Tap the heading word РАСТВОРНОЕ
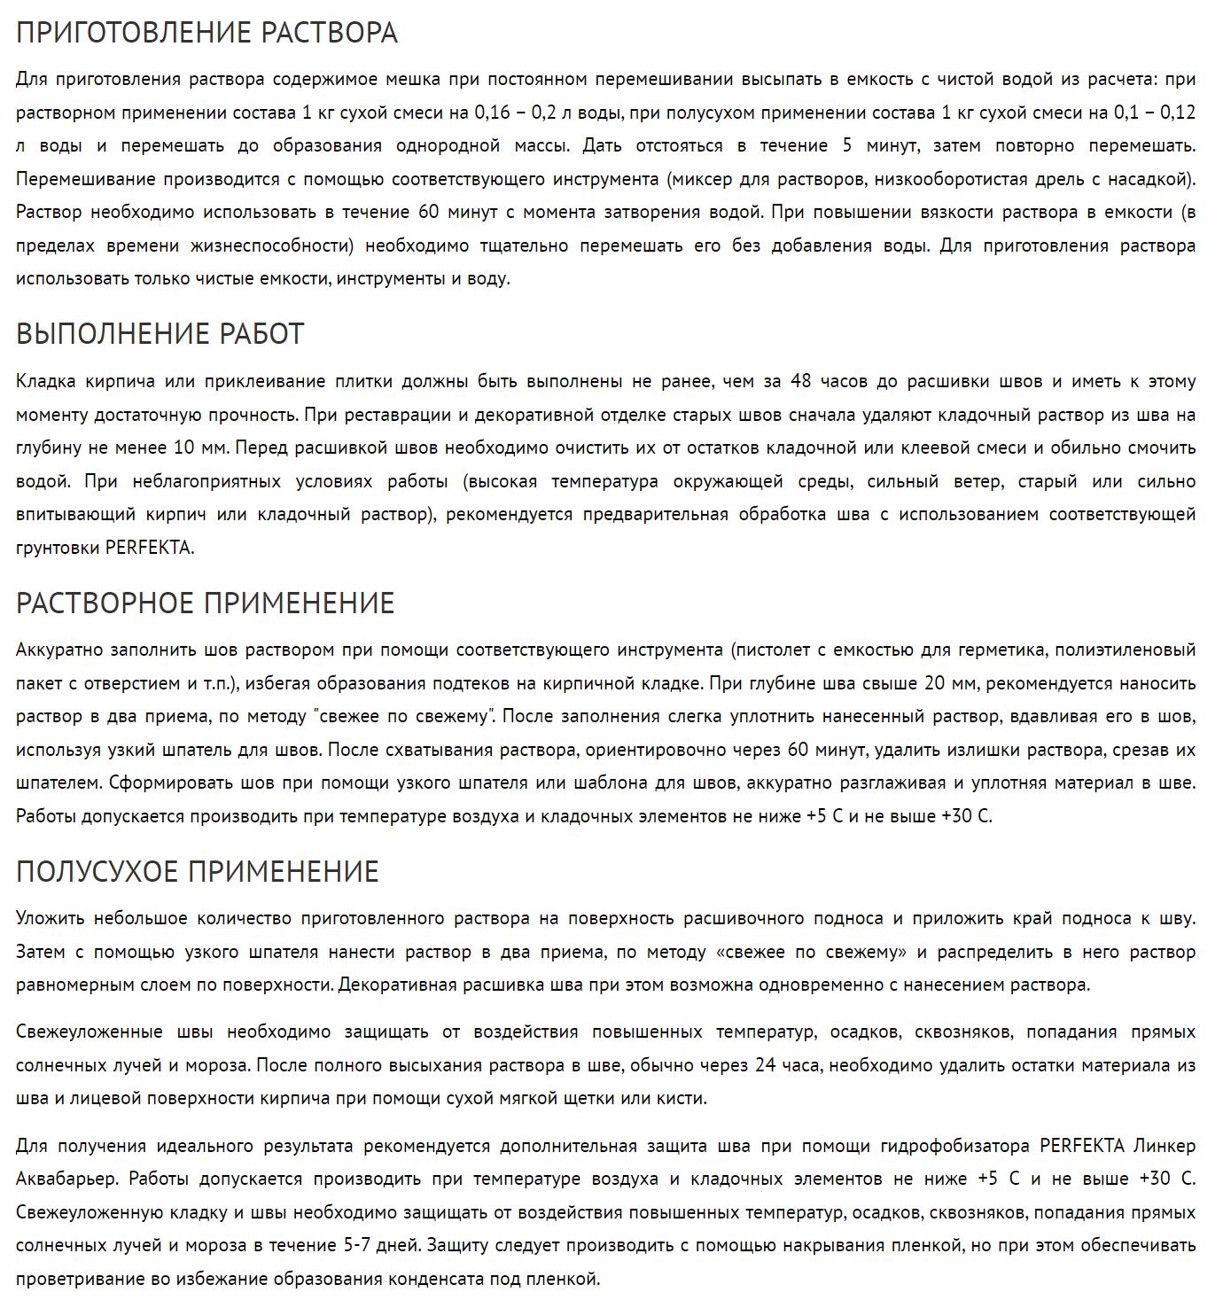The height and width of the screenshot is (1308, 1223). [x=105, y=603]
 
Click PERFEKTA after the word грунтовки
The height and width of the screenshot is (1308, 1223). [x=148, y=548]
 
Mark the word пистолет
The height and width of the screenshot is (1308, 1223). [x=769, y=650]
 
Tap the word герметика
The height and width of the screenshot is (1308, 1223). [x=1004, y=650]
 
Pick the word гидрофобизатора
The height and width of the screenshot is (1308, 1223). [x=954, y=1146]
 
